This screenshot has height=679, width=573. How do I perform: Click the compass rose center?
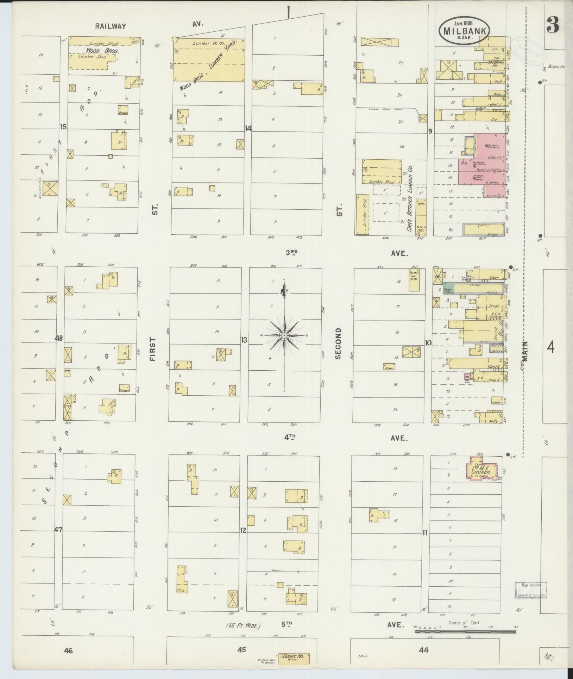(x=284, y=335)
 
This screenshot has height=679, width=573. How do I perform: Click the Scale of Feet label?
(x=465, y=623)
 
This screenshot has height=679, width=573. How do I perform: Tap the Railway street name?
(x=110, y=26)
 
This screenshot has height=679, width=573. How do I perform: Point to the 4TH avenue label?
(x=290, y=438)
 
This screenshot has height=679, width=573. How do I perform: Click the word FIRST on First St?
(x=152, y=349)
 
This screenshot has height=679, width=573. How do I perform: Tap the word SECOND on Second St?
(x=338, y=343)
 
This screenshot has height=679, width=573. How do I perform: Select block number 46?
(x=68, y=650)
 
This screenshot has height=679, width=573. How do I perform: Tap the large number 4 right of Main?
(x=550, y=348)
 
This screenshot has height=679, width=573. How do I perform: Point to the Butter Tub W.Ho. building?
(x=414, y=280)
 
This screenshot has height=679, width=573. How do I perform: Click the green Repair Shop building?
(x=449, y=288)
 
